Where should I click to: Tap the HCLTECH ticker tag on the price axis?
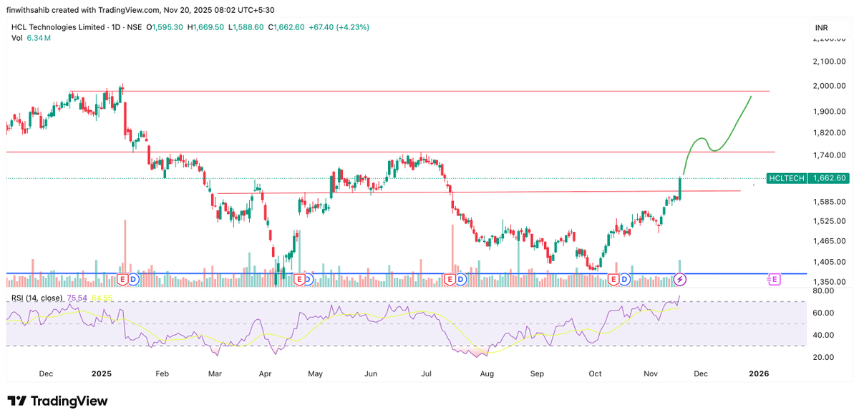[x=786, y=178]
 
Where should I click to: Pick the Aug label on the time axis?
[x=487, y=373]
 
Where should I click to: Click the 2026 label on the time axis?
[x=758, y=373]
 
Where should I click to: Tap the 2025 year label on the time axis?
[x=102, y=373]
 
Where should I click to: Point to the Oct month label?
[x=595, y=373]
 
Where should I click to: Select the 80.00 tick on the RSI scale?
[x=823, y=291]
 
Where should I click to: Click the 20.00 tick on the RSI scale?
[x=823, y=357]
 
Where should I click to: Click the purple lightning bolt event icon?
[x=681, y=278]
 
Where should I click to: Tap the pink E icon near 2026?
[x=774, y=278]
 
